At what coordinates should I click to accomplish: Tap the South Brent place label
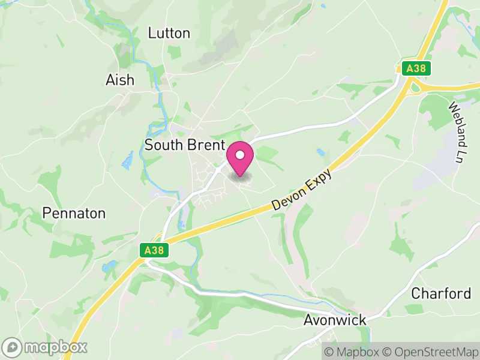click(x=185, y=145)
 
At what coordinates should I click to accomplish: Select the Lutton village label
click(x=169, y=33)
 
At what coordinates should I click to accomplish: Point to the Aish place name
click(x=120, y=80)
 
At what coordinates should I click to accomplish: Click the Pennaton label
click(x=74, y=213)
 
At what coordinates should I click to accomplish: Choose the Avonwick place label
click(x=335, y=320)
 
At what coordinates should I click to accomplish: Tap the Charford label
click(x=441, y=293)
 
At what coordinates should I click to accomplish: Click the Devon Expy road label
click(x=301, y=187)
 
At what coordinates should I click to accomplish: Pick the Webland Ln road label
click(x=457, y=133)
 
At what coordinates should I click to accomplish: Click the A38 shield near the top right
click(x=415, y=68)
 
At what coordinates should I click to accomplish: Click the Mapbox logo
click(x=46, y=347)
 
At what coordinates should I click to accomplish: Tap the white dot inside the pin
click(x=240, y=155)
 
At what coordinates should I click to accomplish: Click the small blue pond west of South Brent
click(x=127, y=160)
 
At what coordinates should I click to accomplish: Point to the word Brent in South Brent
click(x=205, y=145)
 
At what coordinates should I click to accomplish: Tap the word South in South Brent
click(x=163, y=145)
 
